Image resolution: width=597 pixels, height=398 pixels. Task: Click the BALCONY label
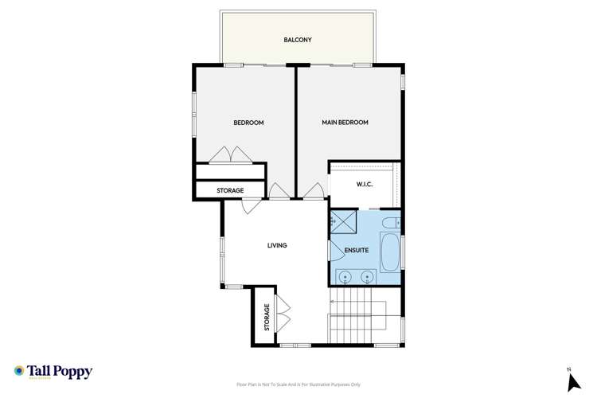tap(298, 39)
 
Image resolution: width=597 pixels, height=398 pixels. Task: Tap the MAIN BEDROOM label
tap(345, 123)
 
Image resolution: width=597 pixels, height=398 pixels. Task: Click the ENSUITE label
tap(356, 251)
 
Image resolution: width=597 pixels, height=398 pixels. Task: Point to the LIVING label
tap(276, 246)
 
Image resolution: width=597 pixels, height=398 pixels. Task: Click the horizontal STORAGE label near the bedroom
tap(231, 191)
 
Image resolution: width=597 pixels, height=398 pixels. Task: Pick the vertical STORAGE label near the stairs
tap(267, 317)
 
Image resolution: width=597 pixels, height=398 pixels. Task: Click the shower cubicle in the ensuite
tap(343, 223)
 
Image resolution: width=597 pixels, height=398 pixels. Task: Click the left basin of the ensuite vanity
tap(345, 277)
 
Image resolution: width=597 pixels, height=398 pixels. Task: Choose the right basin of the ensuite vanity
tap(367, 277)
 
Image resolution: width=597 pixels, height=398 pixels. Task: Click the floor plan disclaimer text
tap(298, 384)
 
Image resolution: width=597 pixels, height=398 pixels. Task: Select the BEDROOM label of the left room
tap(248, 123)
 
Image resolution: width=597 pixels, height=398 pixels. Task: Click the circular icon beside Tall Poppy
tap(19, 371)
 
